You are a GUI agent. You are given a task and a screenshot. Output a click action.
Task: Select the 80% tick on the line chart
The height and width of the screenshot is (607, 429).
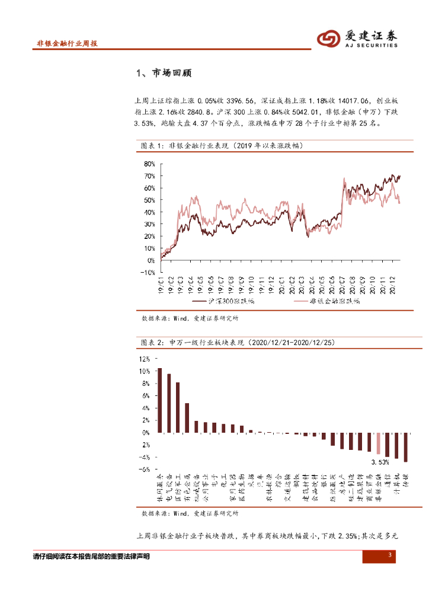pos(149,164)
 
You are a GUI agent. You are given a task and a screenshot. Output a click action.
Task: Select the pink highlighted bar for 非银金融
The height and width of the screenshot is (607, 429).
pos(378,443)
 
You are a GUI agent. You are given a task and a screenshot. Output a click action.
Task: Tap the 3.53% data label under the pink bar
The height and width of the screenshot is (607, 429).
pos(380,462)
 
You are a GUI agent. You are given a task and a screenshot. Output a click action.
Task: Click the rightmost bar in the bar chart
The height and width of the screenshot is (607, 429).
pos(406,447)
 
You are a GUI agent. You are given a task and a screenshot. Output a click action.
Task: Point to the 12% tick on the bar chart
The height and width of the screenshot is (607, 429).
pos(145,359)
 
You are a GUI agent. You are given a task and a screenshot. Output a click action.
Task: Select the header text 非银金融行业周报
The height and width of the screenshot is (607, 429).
pos(67,44)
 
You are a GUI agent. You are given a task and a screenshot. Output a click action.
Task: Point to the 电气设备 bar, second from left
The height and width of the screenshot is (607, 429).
pos(169,403)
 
